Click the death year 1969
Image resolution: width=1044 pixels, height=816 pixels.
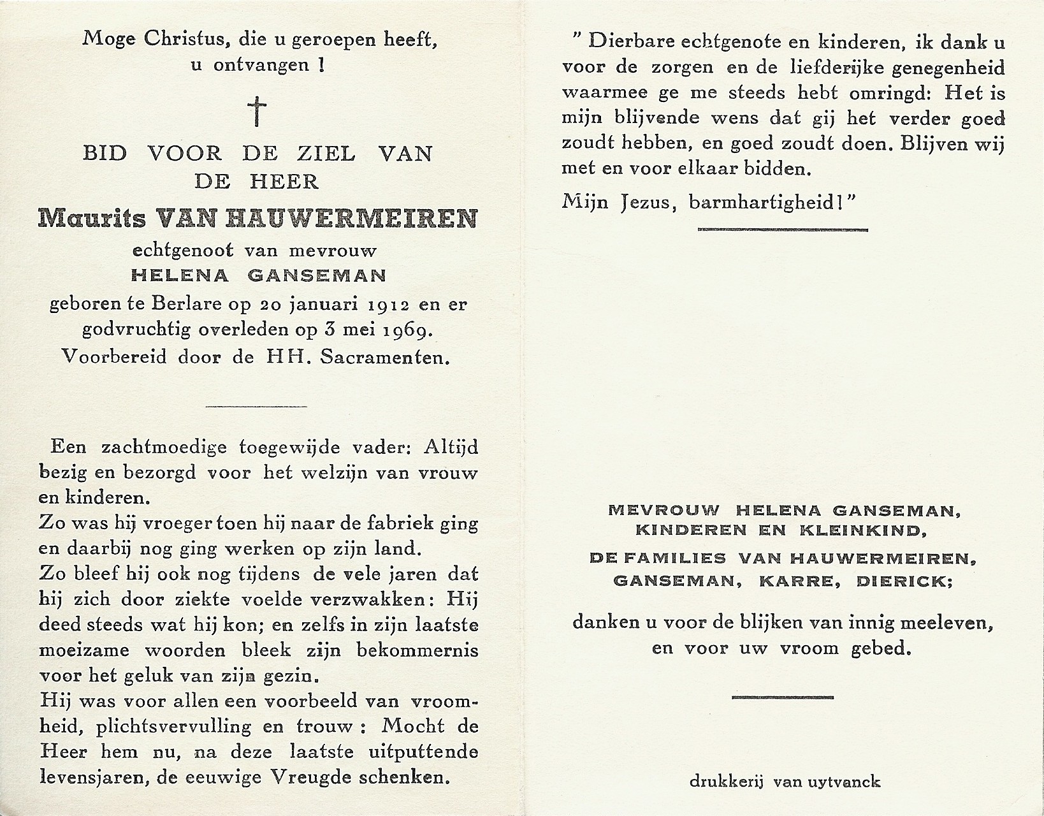tap(405, 331)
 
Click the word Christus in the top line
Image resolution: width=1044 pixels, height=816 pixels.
tap(183, 40)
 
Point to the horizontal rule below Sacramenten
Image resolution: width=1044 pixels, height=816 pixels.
tap(257, 406)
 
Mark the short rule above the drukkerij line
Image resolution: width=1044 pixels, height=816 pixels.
tap(783, 697)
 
